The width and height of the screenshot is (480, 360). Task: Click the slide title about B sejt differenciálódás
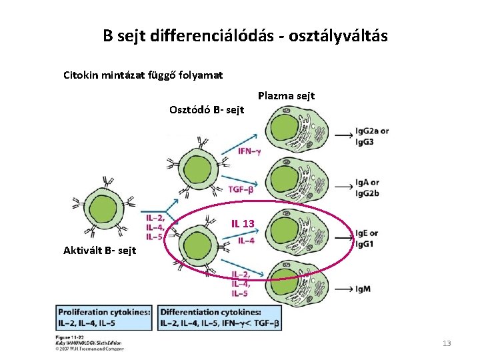(x=245, y=35)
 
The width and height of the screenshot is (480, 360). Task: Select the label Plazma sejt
(x=286, y=96)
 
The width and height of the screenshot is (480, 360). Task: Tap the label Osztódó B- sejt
(x=207, y=109)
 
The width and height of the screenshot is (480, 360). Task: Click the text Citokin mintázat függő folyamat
(x=143, y=75)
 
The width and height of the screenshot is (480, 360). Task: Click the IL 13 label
(x=243, y=223)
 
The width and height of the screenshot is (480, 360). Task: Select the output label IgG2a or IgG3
(x=371, y=136)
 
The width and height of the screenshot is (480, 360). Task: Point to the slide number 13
(x=447, y=343)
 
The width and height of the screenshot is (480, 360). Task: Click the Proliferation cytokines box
(x=105, y=318)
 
